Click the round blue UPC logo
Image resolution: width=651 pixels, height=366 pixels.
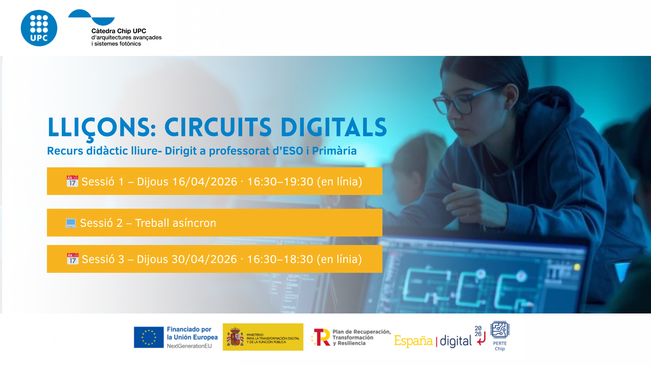click(39, 28)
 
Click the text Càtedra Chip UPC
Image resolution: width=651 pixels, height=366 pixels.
click(119, 31)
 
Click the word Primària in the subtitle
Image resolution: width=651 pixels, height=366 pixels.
click(334, 151)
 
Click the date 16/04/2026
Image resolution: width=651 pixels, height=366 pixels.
click(205, 182)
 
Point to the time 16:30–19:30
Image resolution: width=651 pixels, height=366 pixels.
click(280, 182)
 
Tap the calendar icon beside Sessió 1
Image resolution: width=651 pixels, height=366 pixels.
click(73, 181)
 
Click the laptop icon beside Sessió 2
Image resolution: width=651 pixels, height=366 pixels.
click(71, 223)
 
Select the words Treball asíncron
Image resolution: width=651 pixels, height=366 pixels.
click(176, 223)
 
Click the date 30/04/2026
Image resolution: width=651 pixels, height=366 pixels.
click(204, 259)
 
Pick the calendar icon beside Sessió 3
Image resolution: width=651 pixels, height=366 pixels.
click(73, 259)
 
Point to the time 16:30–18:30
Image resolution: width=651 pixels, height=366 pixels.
click(280, 259)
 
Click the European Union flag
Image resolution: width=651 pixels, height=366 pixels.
click(149, 337)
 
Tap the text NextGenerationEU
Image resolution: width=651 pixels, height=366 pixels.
click(189, 346)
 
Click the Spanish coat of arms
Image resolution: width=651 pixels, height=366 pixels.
click(235, 337)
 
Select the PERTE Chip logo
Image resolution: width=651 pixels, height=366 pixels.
click(500, 336)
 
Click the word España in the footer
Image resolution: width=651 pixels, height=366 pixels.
click(414, 341)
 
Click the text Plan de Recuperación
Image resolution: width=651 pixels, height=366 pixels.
click(361, 332)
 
